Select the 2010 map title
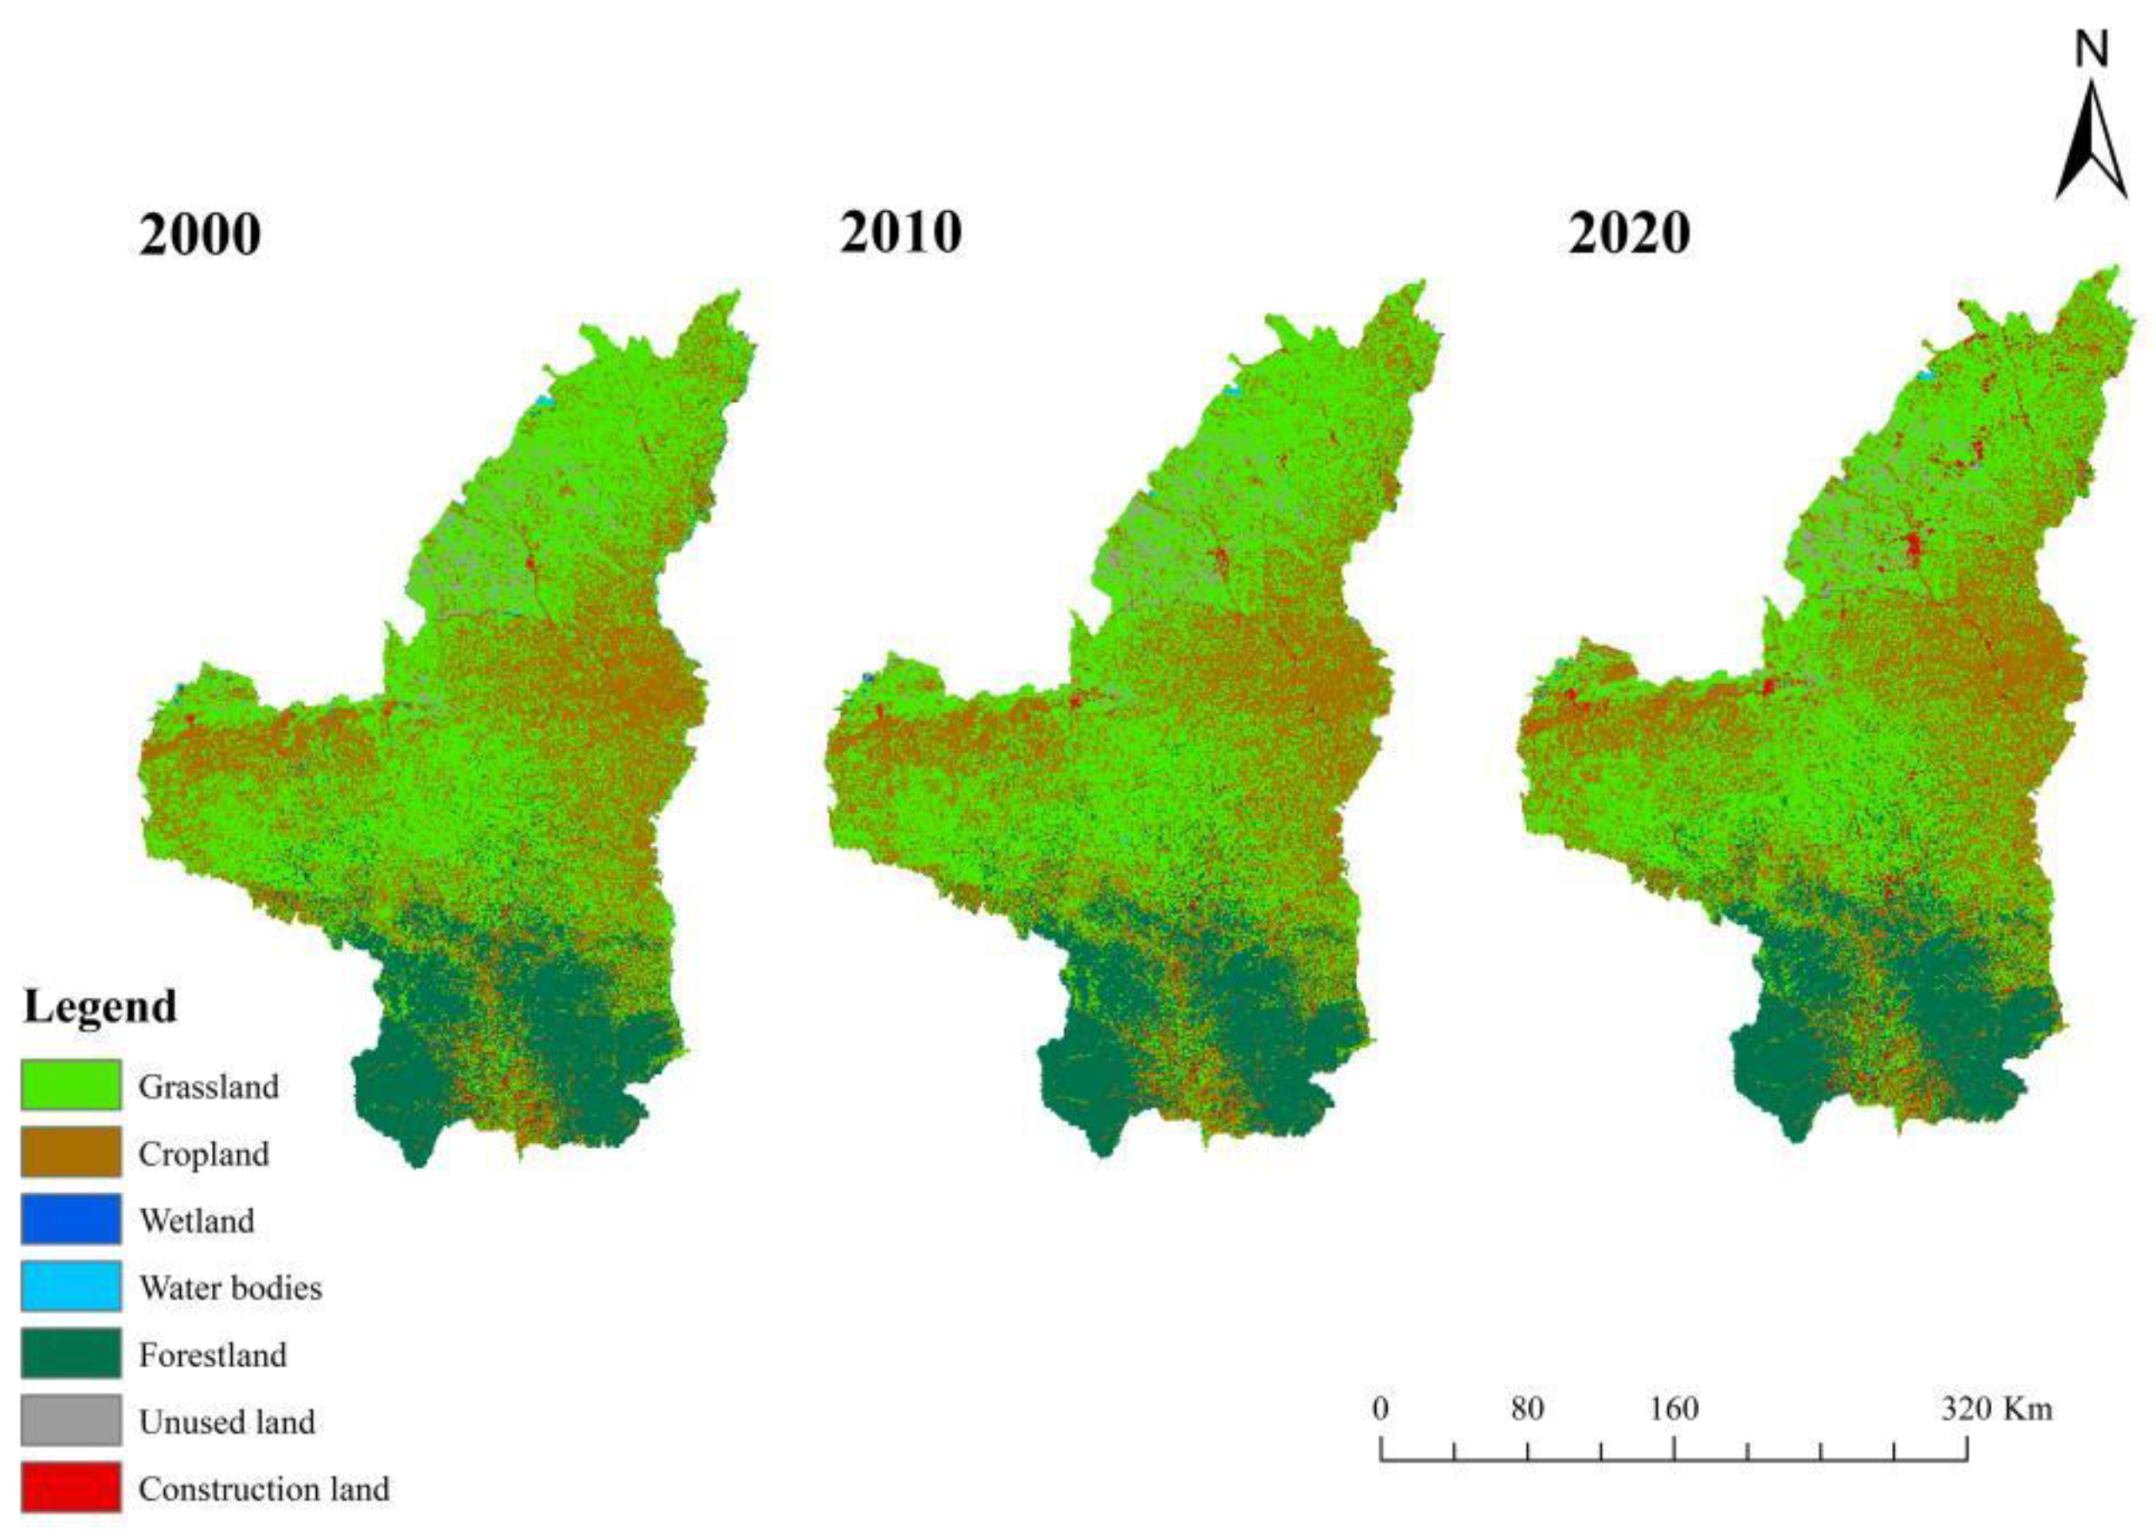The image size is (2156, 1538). tap(900, 233)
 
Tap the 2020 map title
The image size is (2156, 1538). tap(1629, 233)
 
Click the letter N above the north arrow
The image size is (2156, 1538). tap(2093, 50)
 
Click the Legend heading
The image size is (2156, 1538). tap(101, 1007)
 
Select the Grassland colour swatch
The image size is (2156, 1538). tap(71, 1086)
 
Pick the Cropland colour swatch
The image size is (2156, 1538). tap(71, 1152)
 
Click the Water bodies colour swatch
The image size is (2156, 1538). tap(71, 1287)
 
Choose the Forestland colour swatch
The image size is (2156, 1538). tap(71, 1354)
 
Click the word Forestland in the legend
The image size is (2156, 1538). tap(212, 1356)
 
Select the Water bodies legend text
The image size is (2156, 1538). tap(230, 1288)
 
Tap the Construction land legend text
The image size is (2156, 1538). tap(263, 1489)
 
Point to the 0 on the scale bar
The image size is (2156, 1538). tap(1380, 1409)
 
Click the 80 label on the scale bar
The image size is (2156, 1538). tap(1527, 1409)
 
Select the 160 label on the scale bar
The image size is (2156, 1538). tap(1674, 1409)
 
